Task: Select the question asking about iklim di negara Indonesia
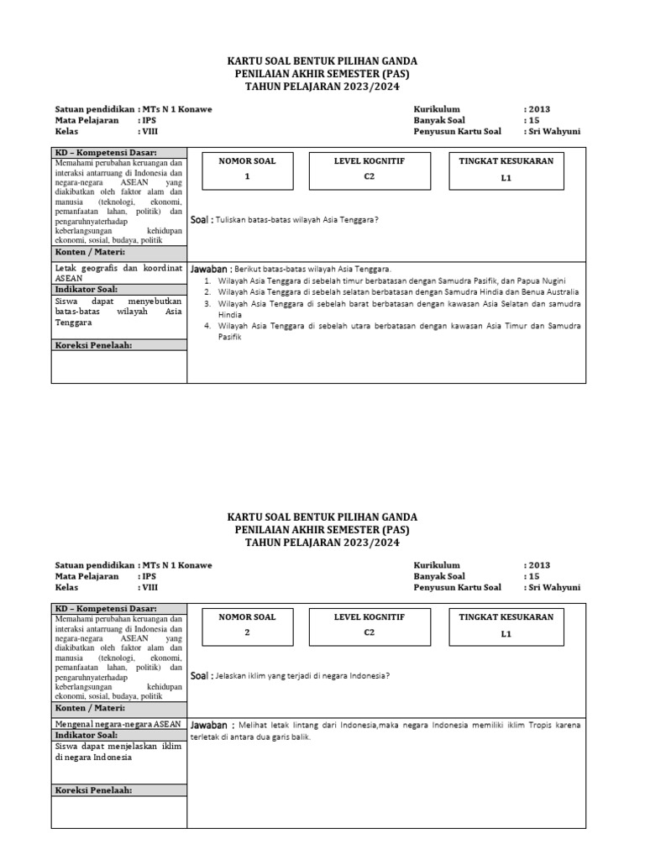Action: (302, 675)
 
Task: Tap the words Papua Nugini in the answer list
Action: (542, 280)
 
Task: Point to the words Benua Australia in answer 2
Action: (547, 291)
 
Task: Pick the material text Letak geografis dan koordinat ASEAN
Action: (118, 273)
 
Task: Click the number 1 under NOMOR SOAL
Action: (247, 177)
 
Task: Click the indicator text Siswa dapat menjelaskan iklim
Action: (118, 751)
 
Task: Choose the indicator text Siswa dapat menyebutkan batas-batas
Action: (118, 311)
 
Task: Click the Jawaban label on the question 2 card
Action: (210, 725)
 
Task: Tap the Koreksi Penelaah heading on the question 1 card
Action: (94, 345)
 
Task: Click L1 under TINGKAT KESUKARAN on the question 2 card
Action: (506, 634)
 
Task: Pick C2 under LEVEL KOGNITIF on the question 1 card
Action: (370, 177)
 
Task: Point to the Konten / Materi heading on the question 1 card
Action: (90, 252)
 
